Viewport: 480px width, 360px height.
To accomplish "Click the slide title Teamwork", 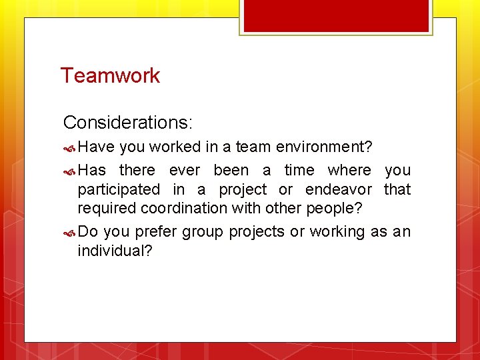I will (110, 75).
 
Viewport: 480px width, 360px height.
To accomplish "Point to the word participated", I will (119, 190).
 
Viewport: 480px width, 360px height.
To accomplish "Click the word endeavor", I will (339, 190).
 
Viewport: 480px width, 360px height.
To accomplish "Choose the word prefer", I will (156, 232).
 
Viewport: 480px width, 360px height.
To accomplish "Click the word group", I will (203, 233).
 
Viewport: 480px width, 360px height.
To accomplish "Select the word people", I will (333, 208).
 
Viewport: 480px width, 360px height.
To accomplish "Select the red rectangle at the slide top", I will (336, 15).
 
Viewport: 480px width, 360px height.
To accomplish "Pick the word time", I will (299, 171).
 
